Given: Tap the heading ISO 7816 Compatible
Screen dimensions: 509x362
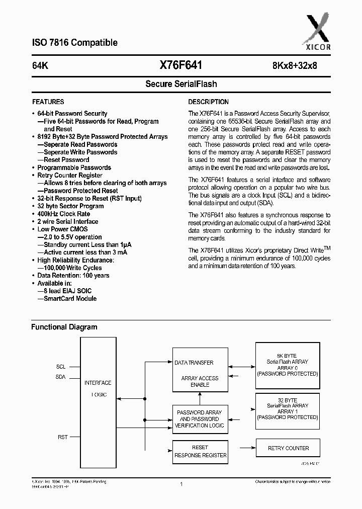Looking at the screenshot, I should (74, 43).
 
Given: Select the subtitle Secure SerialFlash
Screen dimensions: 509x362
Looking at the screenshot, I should (181, 84).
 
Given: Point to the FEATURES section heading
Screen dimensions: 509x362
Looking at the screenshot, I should (48, 102).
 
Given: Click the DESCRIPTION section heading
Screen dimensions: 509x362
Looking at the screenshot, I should (208, 102).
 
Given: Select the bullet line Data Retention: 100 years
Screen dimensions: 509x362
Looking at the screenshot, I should (73, 276).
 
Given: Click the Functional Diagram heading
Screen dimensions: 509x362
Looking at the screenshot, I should (64, 327).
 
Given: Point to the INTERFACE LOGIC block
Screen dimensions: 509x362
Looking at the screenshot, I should (98, 388).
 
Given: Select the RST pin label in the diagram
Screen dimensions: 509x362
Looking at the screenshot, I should (62, 437).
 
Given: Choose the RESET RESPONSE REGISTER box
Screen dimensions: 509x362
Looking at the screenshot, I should (200, 451).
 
